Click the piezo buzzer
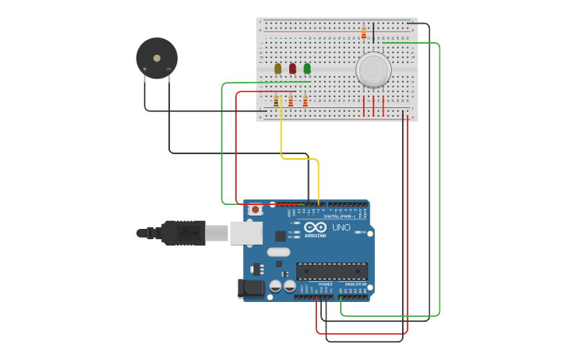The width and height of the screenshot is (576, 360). pos(157,58)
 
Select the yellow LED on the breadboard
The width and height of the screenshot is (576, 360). pos(277,68)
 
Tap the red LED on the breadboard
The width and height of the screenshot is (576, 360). pos(292,68)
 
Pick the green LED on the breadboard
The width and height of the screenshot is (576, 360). pos(307,68)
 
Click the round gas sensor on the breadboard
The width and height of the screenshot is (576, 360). pos(373,70)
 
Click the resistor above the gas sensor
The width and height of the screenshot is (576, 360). pos(364,33)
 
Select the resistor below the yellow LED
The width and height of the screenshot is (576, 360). pos(276,101)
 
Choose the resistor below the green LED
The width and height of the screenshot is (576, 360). pos(305,101)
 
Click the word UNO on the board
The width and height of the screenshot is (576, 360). pos(341,227)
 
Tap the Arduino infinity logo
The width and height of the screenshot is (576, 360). pos(315,227)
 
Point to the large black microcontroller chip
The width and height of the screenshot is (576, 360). pos(332,271)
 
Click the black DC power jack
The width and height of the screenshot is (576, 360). pos(251,288)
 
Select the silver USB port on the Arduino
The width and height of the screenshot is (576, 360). pos(246,233)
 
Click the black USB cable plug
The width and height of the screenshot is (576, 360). pos(184,233)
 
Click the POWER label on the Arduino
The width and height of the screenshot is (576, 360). pos(325,284)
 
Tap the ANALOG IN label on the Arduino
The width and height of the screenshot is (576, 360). pos(355,284)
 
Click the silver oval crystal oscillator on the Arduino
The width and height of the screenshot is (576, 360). pos(278,252)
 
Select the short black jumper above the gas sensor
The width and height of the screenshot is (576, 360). pos(373,32)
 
